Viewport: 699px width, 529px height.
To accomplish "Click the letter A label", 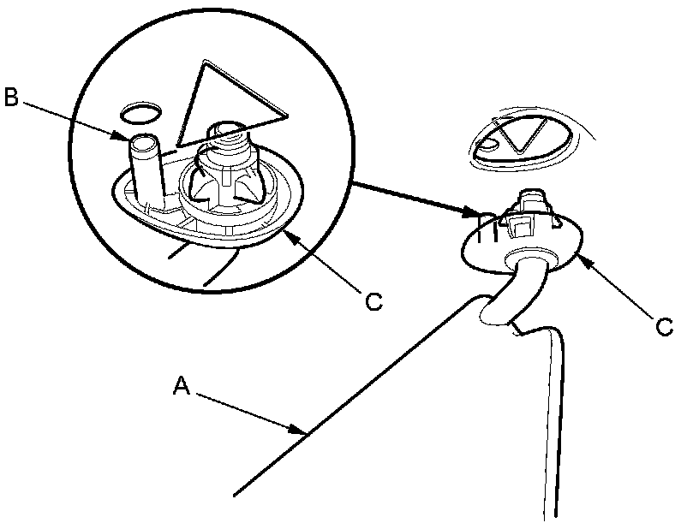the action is [x=180, y=387].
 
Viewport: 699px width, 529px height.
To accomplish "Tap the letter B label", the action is [x=11, y=97].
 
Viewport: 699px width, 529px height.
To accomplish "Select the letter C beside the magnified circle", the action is [x=372, y=301].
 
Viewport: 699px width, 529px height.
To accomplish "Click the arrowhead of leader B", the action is [x=125, y=136].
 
